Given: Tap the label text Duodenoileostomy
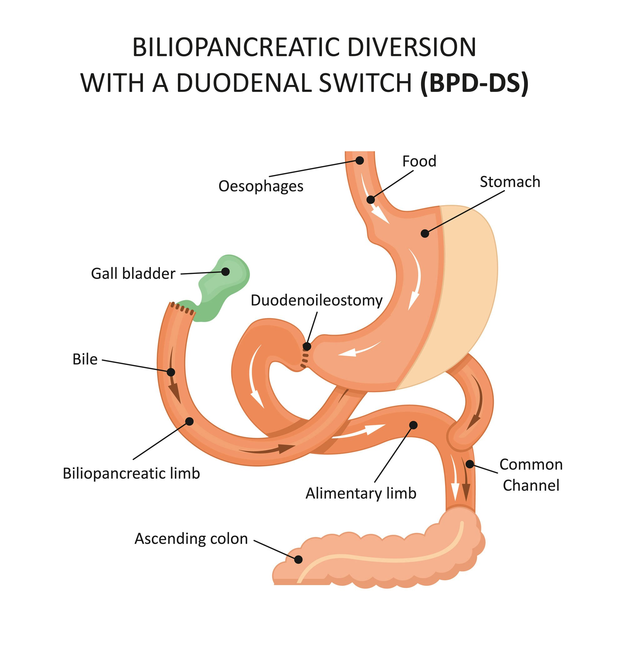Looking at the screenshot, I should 316,300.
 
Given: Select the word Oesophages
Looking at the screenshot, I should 261,186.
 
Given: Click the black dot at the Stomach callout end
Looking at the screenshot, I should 425,233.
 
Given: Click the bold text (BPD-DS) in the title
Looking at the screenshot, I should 474,83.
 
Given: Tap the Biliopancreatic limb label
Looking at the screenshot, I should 131,473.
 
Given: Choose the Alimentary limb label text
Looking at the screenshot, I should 361,493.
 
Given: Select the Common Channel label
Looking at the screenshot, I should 531,475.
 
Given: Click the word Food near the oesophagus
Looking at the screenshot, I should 419,161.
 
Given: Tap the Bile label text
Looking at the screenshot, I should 85,359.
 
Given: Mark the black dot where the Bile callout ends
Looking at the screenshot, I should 171,372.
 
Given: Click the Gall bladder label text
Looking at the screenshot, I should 133,274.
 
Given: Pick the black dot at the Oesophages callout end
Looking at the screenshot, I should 360,161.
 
